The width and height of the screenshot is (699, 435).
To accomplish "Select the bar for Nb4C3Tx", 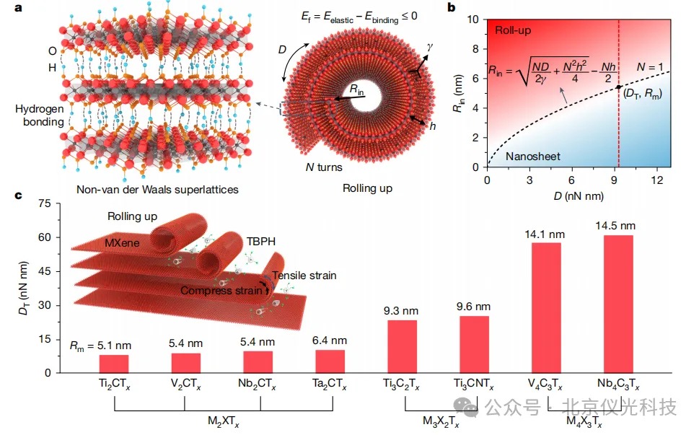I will (x=618, y=304).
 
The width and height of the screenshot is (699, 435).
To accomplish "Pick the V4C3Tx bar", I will (x=546, y=307).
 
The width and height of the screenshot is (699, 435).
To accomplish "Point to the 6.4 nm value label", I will (x=330, y=340).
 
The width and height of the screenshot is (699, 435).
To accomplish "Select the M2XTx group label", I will (x=221, y=420).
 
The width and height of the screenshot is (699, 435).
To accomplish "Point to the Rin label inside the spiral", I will (x=356, y=89).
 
